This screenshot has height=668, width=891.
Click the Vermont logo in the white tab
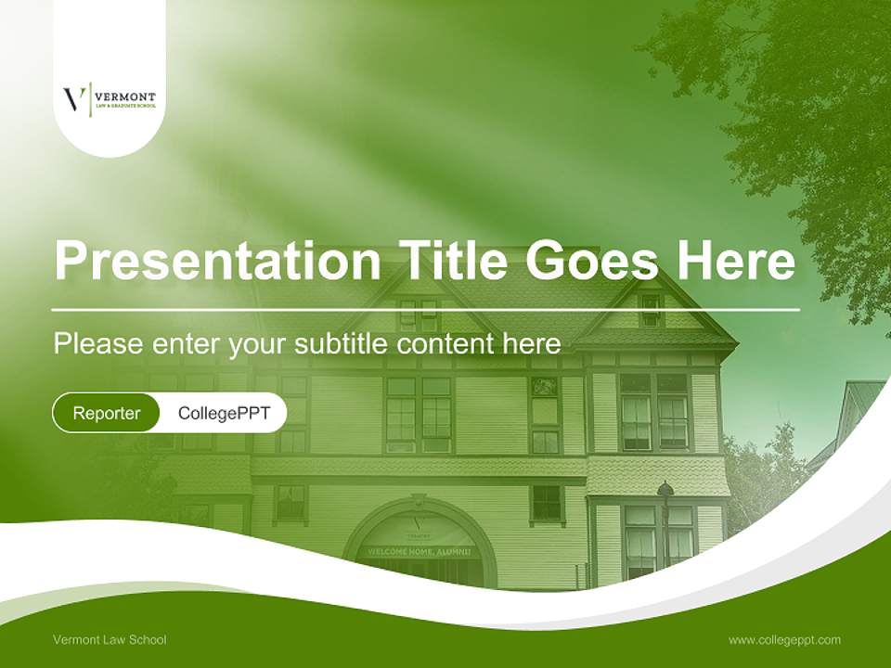tap(110, 98)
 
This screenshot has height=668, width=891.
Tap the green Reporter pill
tap(107, 413)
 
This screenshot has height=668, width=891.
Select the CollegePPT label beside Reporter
tap(224, 413)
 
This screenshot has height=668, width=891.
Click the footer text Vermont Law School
tap(110, 639)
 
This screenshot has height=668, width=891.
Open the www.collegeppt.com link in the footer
tap(784, 639)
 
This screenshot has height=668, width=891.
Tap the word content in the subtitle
tap(445, 343)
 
